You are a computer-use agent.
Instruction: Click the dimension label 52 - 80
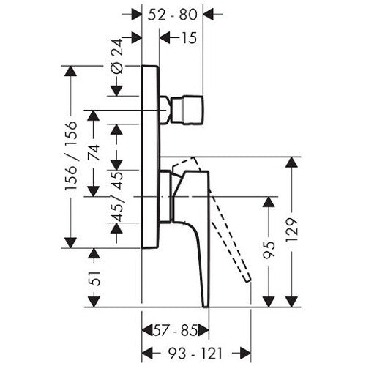pyautogui.click(x=172, y=15)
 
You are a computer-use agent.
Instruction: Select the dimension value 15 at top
pyautogui.click(x=189, y=38)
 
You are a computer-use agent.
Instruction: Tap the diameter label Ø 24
pyautogui.click(x=116, y=56)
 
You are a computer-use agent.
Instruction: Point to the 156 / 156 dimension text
pyautogui.click(x=71, y=155)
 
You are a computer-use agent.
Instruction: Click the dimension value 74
pyautogui.click(x=94, y=152)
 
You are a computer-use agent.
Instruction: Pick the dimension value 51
pyautogui.click(x=94, y=278)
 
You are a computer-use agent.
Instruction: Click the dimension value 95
pyautogui.click(x=269, y=250)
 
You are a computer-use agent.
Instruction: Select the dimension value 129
pyautogui.click(x=292, y=230)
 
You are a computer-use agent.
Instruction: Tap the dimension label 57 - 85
pyautogui.click(x=175, y=331)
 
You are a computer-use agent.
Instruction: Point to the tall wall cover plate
pyautogui.click(x=150, y=157)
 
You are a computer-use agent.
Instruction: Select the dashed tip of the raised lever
pyautogui.click(x=247, y=280)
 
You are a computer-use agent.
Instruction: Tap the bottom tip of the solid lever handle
pyautogui.click(x=206, y=306)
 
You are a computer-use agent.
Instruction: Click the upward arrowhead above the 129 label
pyautogui.click(x=291, y=162)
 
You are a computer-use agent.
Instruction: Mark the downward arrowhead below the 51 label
pyautogui.click(x=94, y=302)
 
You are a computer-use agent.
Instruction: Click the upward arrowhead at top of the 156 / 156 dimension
pyautogui.click(x=71, y=71)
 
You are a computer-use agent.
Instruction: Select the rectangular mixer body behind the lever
pyautogui.click(x=165, y=197)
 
